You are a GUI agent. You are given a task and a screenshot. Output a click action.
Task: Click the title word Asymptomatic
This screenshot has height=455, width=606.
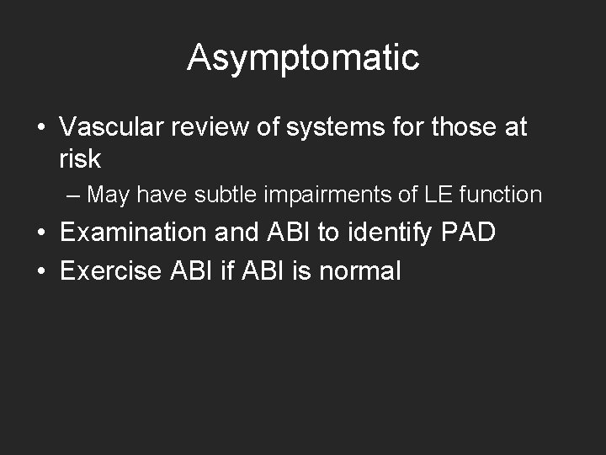[x=303, y=58]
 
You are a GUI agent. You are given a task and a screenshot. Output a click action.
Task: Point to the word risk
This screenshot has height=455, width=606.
[x=80, y=158]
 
